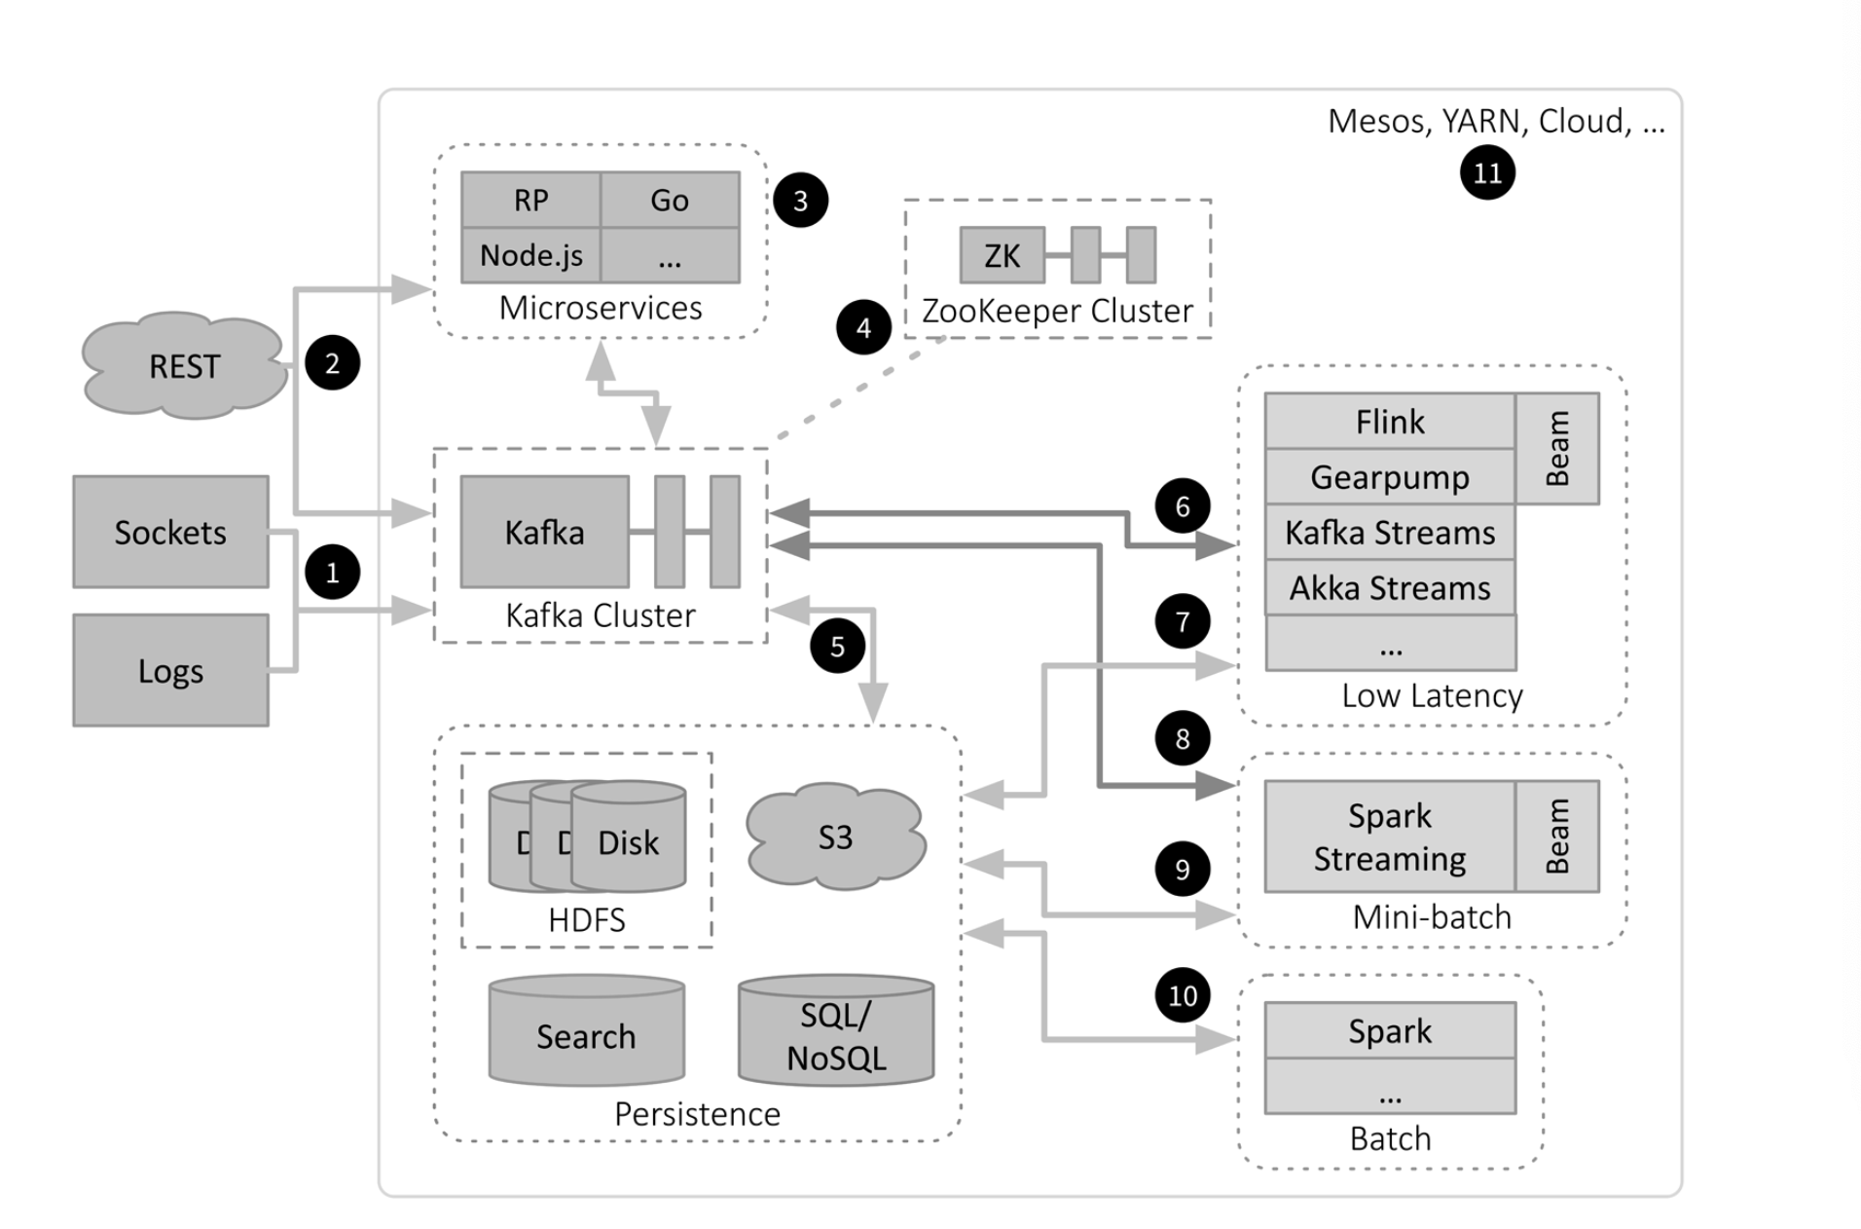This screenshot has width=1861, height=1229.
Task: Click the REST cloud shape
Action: click(184, 366)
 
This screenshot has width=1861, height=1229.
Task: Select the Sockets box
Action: click(170, 532)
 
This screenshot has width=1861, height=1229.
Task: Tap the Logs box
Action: click(170, 670)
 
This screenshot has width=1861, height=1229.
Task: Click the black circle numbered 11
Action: click(1487, 173)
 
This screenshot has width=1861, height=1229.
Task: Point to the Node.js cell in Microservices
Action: click(530, 255)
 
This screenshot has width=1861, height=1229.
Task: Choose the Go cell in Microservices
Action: click(670, 200)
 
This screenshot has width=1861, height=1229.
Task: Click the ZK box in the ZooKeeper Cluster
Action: click(1002, 255)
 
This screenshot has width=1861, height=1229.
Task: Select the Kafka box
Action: click(544, 532)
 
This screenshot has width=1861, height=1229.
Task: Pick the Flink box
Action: click(1389, 422)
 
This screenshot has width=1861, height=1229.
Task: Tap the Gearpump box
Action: click(1389, 477)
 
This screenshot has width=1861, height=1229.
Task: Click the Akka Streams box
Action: click(1389, 587)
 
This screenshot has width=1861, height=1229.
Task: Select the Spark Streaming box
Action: click(1389, 837)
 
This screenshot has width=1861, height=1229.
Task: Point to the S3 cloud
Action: click(835, 837)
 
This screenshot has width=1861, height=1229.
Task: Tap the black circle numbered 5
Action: click(837, 646)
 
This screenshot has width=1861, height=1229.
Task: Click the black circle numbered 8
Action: click(1183, 738)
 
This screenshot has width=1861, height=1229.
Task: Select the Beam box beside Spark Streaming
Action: click(1557, 837)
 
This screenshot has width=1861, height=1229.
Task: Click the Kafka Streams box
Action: click(1389, 533)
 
